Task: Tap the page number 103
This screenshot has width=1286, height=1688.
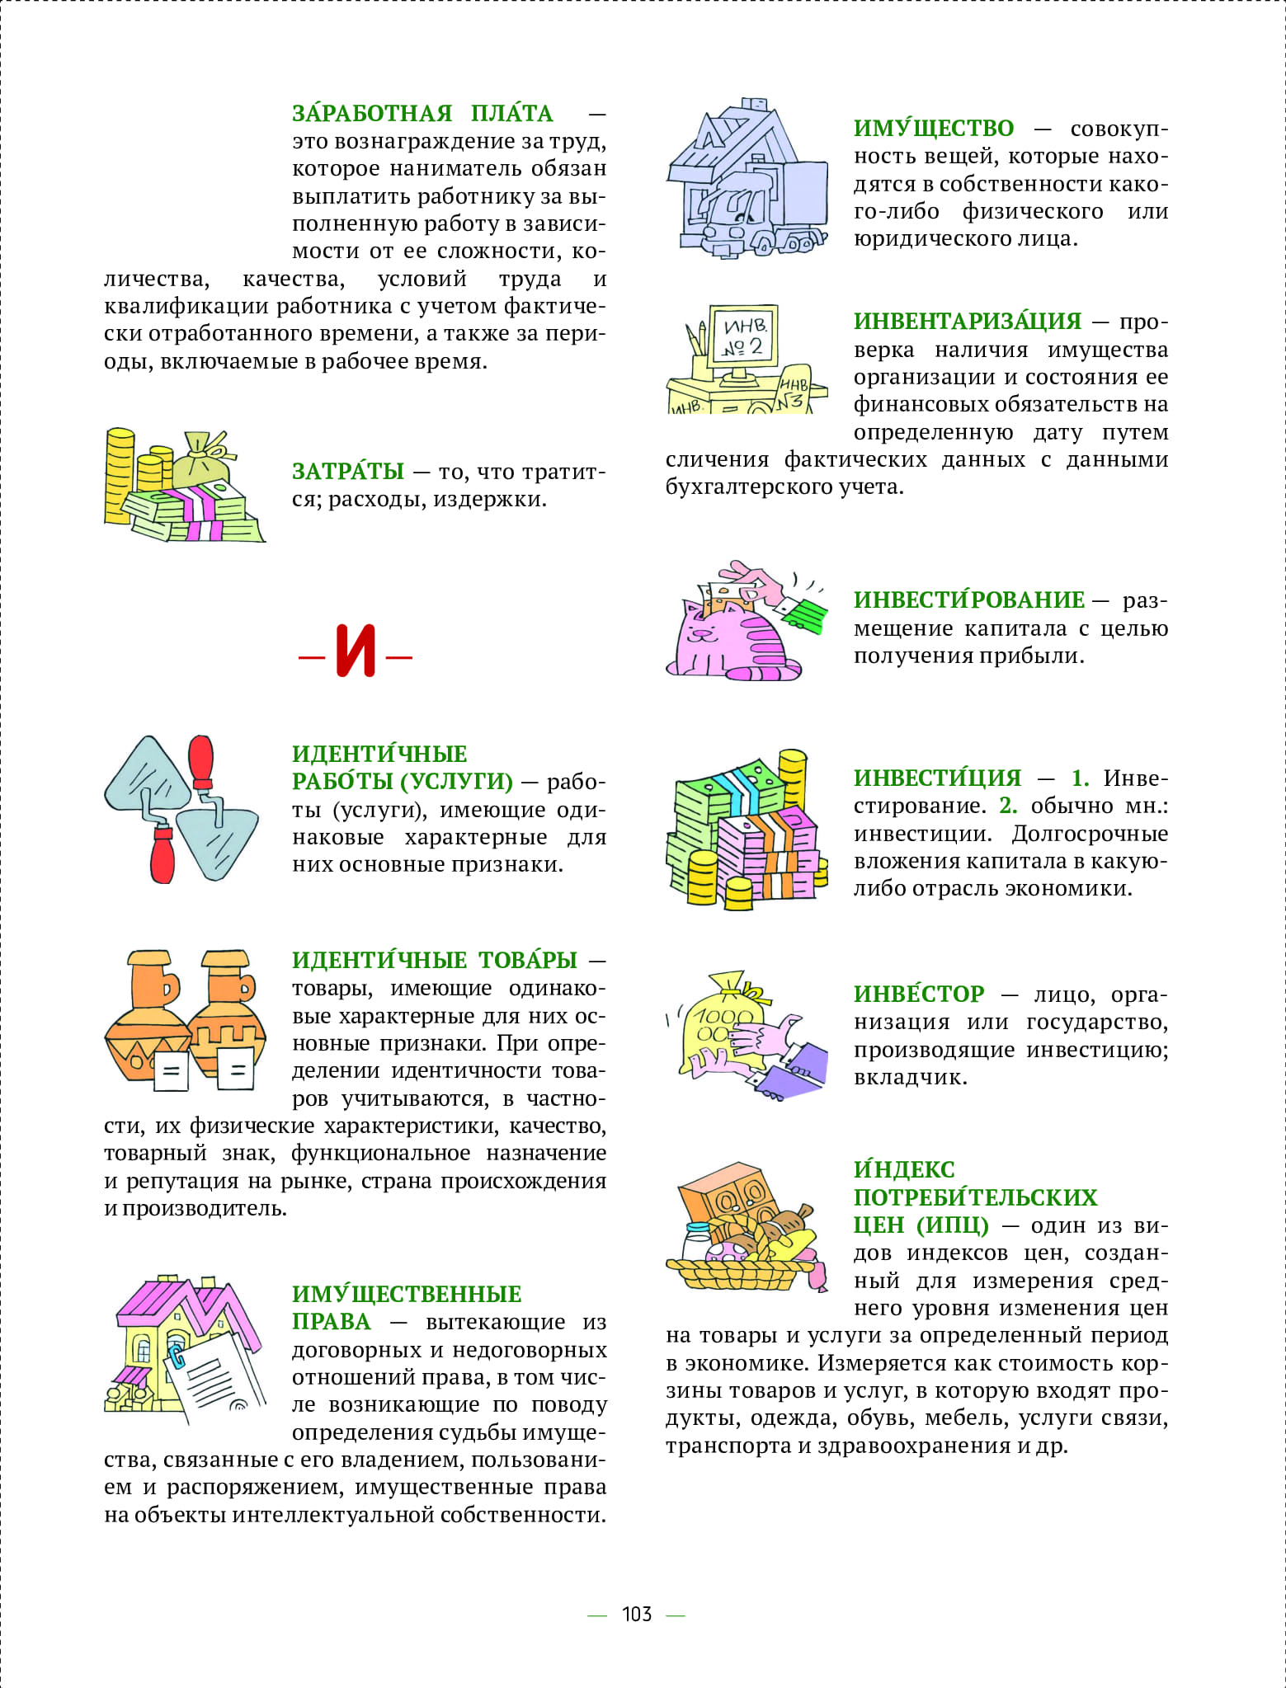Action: point(636,1615)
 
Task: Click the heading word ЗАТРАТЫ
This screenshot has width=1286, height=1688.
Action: point(348,472)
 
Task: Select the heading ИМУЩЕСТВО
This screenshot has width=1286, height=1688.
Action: point(934,129)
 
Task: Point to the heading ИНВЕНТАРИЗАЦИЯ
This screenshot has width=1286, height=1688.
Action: point(968,322)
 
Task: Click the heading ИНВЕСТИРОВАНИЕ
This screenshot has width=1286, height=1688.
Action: point(969,600)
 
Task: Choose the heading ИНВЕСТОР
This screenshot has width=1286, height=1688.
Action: point(919,994)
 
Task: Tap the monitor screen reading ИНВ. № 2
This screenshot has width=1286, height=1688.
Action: point(744,335)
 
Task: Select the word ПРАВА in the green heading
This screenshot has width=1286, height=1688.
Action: point(332,1322)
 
